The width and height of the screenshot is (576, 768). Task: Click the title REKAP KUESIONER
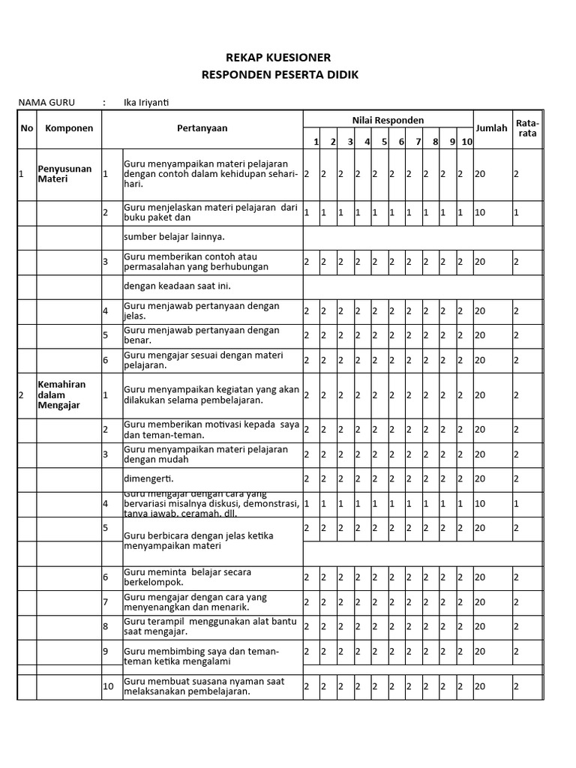point(278,58)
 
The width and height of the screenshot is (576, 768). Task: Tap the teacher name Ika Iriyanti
point(151,103)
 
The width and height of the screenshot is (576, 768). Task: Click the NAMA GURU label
point(46,103)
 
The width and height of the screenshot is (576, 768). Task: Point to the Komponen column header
point(69,128)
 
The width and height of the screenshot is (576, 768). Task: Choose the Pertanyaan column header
point(202,128)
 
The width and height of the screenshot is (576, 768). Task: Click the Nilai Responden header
point(388,120)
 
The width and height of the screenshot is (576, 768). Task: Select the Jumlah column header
point(491,128)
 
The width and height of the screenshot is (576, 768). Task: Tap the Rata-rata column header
point(527,128)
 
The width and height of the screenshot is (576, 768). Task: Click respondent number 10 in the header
point(466,142)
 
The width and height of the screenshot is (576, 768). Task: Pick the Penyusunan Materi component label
point(64,174)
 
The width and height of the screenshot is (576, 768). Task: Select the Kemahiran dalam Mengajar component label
point(61,394)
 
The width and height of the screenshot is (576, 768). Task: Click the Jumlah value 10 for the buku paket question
point(480,213)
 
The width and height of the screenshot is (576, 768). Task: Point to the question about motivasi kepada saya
point(211,430)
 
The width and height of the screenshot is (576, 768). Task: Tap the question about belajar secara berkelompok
point(187,577)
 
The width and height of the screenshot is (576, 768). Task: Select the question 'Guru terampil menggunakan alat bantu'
point(211,626)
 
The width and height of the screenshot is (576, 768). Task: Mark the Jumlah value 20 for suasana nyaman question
point(480,686)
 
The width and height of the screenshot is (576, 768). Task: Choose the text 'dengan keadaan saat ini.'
point(177,286)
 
